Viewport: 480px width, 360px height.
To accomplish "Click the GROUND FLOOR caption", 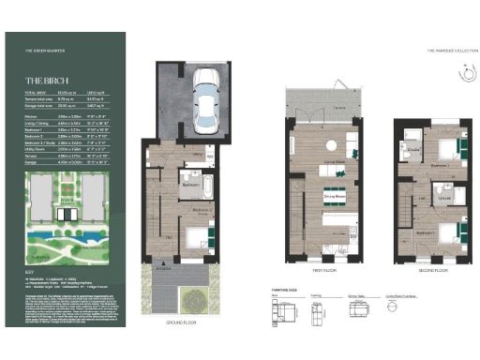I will (x=187, y=322).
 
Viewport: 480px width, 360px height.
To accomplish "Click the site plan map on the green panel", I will (x=65, y=214).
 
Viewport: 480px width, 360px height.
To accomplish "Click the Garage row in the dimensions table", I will (x=65, y=162).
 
